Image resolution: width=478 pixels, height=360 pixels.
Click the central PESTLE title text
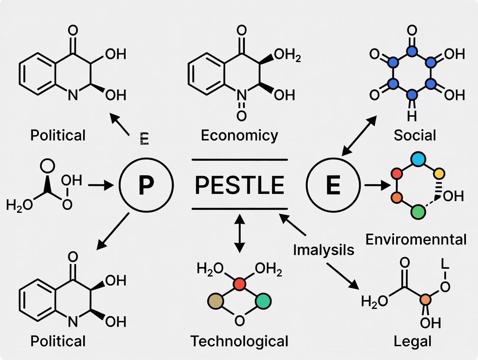coord(239,185)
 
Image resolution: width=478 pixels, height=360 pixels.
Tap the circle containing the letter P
coord(146,184)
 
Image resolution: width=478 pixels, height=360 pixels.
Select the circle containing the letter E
coord(333,184)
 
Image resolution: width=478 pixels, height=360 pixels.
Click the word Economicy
coord(239,135)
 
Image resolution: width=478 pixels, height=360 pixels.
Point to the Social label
coord(415,135)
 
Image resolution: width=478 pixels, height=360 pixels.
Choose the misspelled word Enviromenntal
coord(416,239)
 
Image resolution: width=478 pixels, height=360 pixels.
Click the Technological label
coord(239,341)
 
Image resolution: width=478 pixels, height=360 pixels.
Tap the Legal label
coord(413,341)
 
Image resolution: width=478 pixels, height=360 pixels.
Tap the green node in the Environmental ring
coord(418,212)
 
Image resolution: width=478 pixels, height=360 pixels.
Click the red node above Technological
coord(239,284)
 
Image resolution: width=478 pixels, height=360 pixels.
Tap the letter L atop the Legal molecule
coord(445,264)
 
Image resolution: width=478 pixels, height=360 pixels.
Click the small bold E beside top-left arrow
coord(144,139)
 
